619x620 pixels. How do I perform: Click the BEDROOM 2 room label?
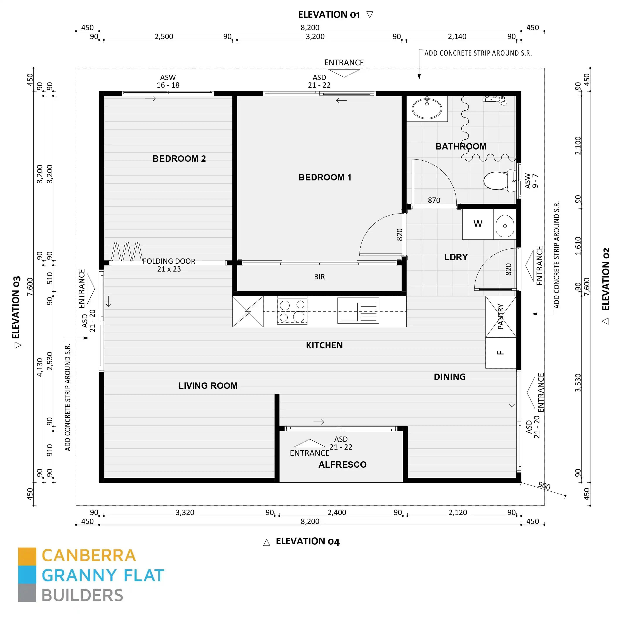pos(179,158)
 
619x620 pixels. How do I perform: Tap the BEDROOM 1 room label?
pos(325,177)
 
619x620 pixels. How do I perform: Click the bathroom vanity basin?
pos(427,109)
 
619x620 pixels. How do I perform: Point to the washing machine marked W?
pos(478,224)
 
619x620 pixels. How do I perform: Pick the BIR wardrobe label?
pos(319,277)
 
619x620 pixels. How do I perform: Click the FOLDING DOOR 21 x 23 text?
pos(169,265)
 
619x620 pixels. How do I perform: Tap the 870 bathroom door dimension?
pos(434,200)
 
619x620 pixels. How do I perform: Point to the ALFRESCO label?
pos(342,465)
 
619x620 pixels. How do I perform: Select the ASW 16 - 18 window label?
pos(168,81)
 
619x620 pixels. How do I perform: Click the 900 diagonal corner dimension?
pos(544,486)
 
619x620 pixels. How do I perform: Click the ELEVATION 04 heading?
pos(307,541)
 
